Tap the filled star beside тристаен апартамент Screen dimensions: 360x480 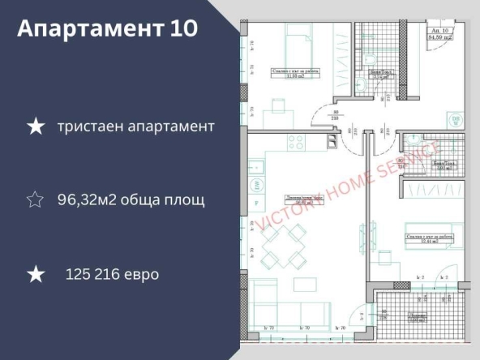35,126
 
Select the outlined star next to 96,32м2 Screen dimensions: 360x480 35,199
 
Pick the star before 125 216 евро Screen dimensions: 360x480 35,274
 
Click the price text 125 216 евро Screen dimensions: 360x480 112,274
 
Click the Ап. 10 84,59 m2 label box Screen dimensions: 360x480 441,32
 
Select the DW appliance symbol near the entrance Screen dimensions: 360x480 456,121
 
